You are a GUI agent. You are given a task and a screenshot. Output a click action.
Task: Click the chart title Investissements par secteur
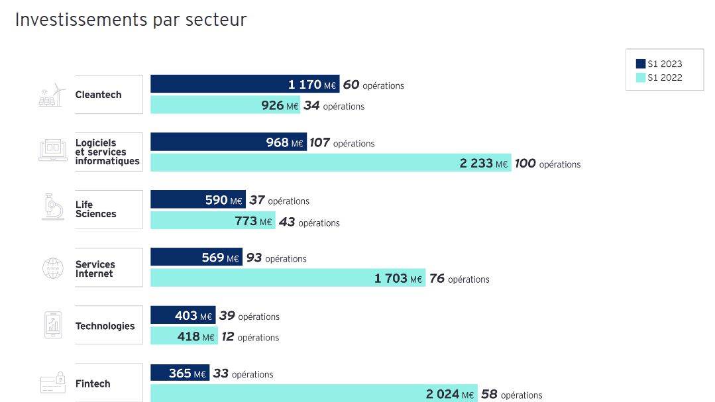click(131, 20)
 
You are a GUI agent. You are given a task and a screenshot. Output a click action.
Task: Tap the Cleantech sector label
click(99, 95)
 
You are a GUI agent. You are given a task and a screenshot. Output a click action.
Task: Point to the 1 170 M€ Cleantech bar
click(245, 84)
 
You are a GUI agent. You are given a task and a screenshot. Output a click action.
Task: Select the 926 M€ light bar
click(225, 105)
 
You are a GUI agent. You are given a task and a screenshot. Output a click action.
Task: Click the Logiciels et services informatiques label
click(107, 152)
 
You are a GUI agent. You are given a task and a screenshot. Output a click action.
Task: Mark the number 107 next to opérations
click(319, 142)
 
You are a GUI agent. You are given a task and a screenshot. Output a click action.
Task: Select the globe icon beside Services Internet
click(52, 268)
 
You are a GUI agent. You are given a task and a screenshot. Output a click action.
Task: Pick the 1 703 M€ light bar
click(288, 278)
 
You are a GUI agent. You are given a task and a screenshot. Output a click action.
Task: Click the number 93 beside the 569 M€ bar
click(254, 258)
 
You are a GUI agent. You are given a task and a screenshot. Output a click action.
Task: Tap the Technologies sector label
click(105, 326)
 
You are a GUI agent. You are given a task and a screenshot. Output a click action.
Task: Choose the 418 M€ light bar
click(184, 336)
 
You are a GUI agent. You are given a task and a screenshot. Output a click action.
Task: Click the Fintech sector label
click(93, 383)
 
